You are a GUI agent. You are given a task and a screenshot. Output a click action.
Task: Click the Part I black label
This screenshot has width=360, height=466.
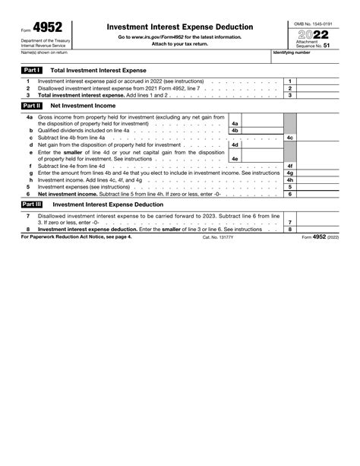click(x=31, y=69)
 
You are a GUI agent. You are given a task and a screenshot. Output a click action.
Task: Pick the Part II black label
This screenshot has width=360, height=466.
click(x=31, y=106)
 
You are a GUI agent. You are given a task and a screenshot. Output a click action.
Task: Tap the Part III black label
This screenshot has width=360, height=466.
click(x=32, y=204)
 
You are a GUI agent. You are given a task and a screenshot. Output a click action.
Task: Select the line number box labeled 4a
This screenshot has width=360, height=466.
click(x=235, y=123)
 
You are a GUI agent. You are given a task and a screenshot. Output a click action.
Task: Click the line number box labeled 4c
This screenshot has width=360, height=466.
click(x=289, y=138)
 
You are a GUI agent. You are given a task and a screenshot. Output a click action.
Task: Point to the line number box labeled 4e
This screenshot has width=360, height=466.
click(x=235, y=158)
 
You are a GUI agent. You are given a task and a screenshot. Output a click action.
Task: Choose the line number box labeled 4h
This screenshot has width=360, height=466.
click(x=289, y=179)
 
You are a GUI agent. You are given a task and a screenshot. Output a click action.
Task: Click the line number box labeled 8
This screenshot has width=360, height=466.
click(x=289, y=229)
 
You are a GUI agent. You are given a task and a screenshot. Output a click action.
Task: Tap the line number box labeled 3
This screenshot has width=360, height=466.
click(x=289, y=96)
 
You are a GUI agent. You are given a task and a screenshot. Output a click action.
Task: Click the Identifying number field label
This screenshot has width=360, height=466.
click(x=292, y=53)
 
